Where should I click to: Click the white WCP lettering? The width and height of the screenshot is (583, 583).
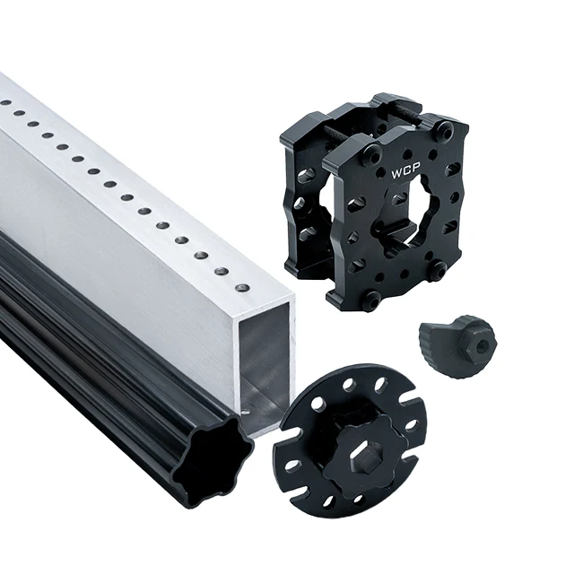click(x=405, y=172)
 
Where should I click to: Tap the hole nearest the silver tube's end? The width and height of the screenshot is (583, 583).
click(x=244, y=287)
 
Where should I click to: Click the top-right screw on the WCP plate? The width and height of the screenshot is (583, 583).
click(x=445, y=128)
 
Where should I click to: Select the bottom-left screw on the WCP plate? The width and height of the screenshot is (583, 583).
click(x=372, y=296)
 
